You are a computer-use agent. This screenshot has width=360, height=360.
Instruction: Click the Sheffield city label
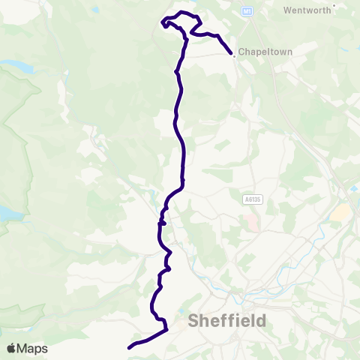pyautogui.click(x=227, y=321)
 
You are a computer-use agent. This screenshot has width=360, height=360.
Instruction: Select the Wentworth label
pyautogui.click(x=308, y=10)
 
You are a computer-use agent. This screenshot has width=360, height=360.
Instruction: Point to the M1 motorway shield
pyautogui.click(x=247, y=12)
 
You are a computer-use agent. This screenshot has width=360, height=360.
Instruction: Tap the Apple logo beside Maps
pyautogui.click(x=12, y=348)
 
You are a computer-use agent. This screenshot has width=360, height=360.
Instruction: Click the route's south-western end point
pyautogui.click(x=130, y=347)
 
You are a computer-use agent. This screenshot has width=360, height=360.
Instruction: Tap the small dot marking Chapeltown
pyautogui.click(x=234, y=54)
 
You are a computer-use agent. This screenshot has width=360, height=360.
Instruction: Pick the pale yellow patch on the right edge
pyautogui.click(x=340, y=213)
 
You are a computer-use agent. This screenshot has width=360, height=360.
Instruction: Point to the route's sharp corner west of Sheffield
pyautogui.click(x=165, y=328)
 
